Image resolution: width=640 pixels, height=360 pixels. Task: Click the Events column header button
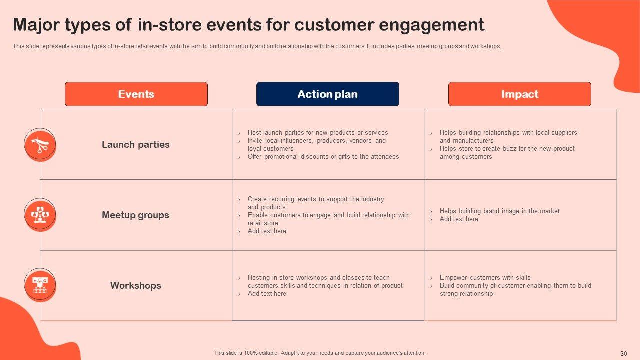(136, 94)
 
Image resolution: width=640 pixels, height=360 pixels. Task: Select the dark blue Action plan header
(327, 94)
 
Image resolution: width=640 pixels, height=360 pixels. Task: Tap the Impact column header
(519, 94)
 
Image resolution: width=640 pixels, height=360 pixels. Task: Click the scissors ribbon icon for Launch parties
(40, 145)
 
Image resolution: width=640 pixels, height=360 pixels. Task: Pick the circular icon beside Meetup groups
(40, 215)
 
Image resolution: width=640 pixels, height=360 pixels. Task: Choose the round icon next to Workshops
(40, 285)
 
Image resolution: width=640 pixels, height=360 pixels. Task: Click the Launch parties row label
(136, 145)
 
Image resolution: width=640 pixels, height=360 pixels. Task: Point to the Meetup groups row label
(135, 215)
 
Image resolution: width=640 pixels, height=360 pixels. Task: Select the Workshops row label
(136, 285)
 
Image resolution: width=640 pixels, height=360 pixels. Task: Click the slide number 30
(624, 353)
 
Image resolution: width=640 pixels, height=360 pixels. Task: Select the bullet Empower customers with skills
(485, 277)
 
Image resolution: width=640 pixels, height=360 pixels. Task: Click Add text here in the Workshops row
(267, 293)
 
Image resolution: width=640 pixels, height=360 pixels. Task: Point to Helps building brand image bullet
(499, 211)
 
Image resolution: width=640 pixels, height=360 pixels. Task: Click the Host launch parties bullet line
(318, 133)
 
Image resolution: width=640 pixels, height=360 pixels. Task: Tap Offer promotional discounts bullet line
(323, 157)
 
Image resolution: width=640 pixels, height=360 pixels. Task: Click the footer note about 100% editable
(320, 353)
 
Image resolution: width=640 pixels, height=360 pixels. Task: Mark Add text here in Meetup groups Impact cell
(459, 219)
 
